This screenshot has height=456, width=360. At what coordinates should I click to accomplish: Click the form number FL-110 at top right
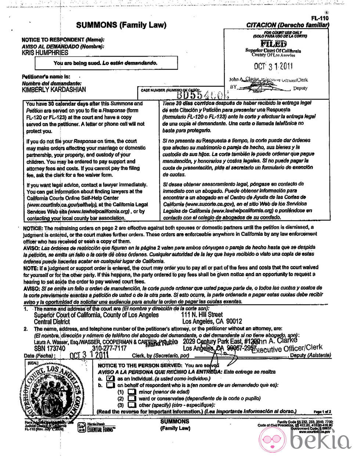319,18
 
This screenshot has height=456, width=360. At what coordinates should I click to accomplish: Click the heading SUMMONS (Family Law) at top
121,25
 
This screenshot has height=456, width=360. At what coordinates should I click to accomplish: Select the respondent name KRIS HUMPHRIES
45,53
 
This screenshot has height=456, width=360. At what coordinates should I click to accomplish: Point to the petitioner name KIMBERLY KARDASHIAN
54,90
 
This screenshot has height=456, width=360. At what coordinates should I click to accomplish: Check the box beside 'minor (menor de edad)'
132,392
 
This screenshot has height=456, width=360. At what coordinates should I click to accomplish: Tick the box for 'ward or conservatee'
132,398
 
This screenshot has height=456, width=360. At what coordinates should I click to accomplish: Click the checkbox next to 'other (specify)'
132,405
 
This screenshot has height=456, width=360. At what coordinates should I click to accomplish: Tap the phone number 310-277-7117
109,348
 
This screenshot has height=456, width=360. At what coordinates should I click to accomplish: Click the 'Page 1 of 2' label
322,412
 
